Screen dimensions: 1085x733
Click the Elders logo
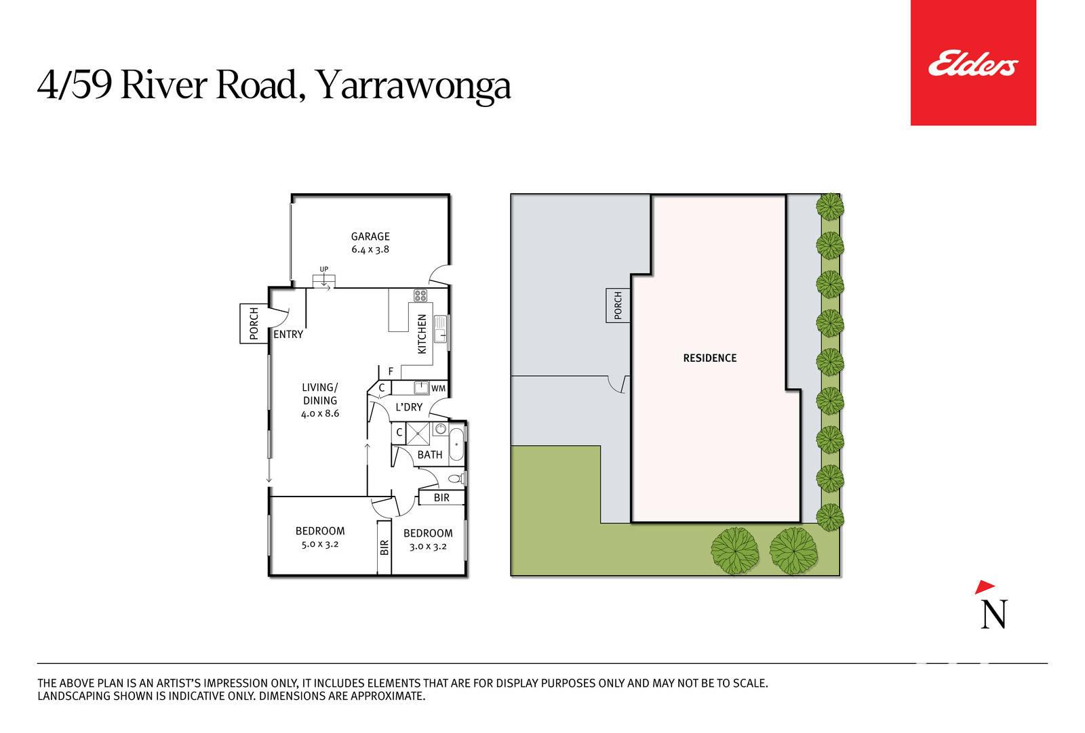973,63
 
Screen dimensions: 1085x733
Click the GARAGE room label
370,236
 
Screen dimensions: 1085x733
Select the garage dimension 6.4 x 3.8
370,250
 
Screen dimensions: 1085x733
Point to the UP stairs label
323,269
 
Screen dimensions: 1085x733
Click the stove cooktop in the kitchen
420,295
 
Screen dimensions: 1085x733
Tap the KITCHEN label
422,334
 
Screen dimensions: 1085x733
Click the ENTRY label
288,335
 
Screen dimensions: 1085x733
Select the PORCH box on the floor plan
254,324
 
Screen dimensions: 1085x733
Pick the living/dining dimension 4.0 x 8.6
319,414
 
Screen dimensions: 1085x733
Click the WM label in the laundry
438,388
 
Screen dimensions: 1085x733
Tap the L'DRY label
409,407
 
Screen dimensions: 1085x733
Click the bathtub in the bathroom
456,444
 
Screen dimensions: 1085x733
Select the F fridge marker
391,371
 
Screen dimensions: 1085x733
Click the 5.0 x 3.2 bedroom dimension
319,544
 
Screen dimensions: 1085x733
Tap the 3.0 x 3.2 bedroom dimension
428,547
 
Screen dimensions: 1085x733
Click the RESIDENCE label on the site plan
709,358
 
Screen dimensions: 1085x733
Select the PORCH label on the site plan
618,306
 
